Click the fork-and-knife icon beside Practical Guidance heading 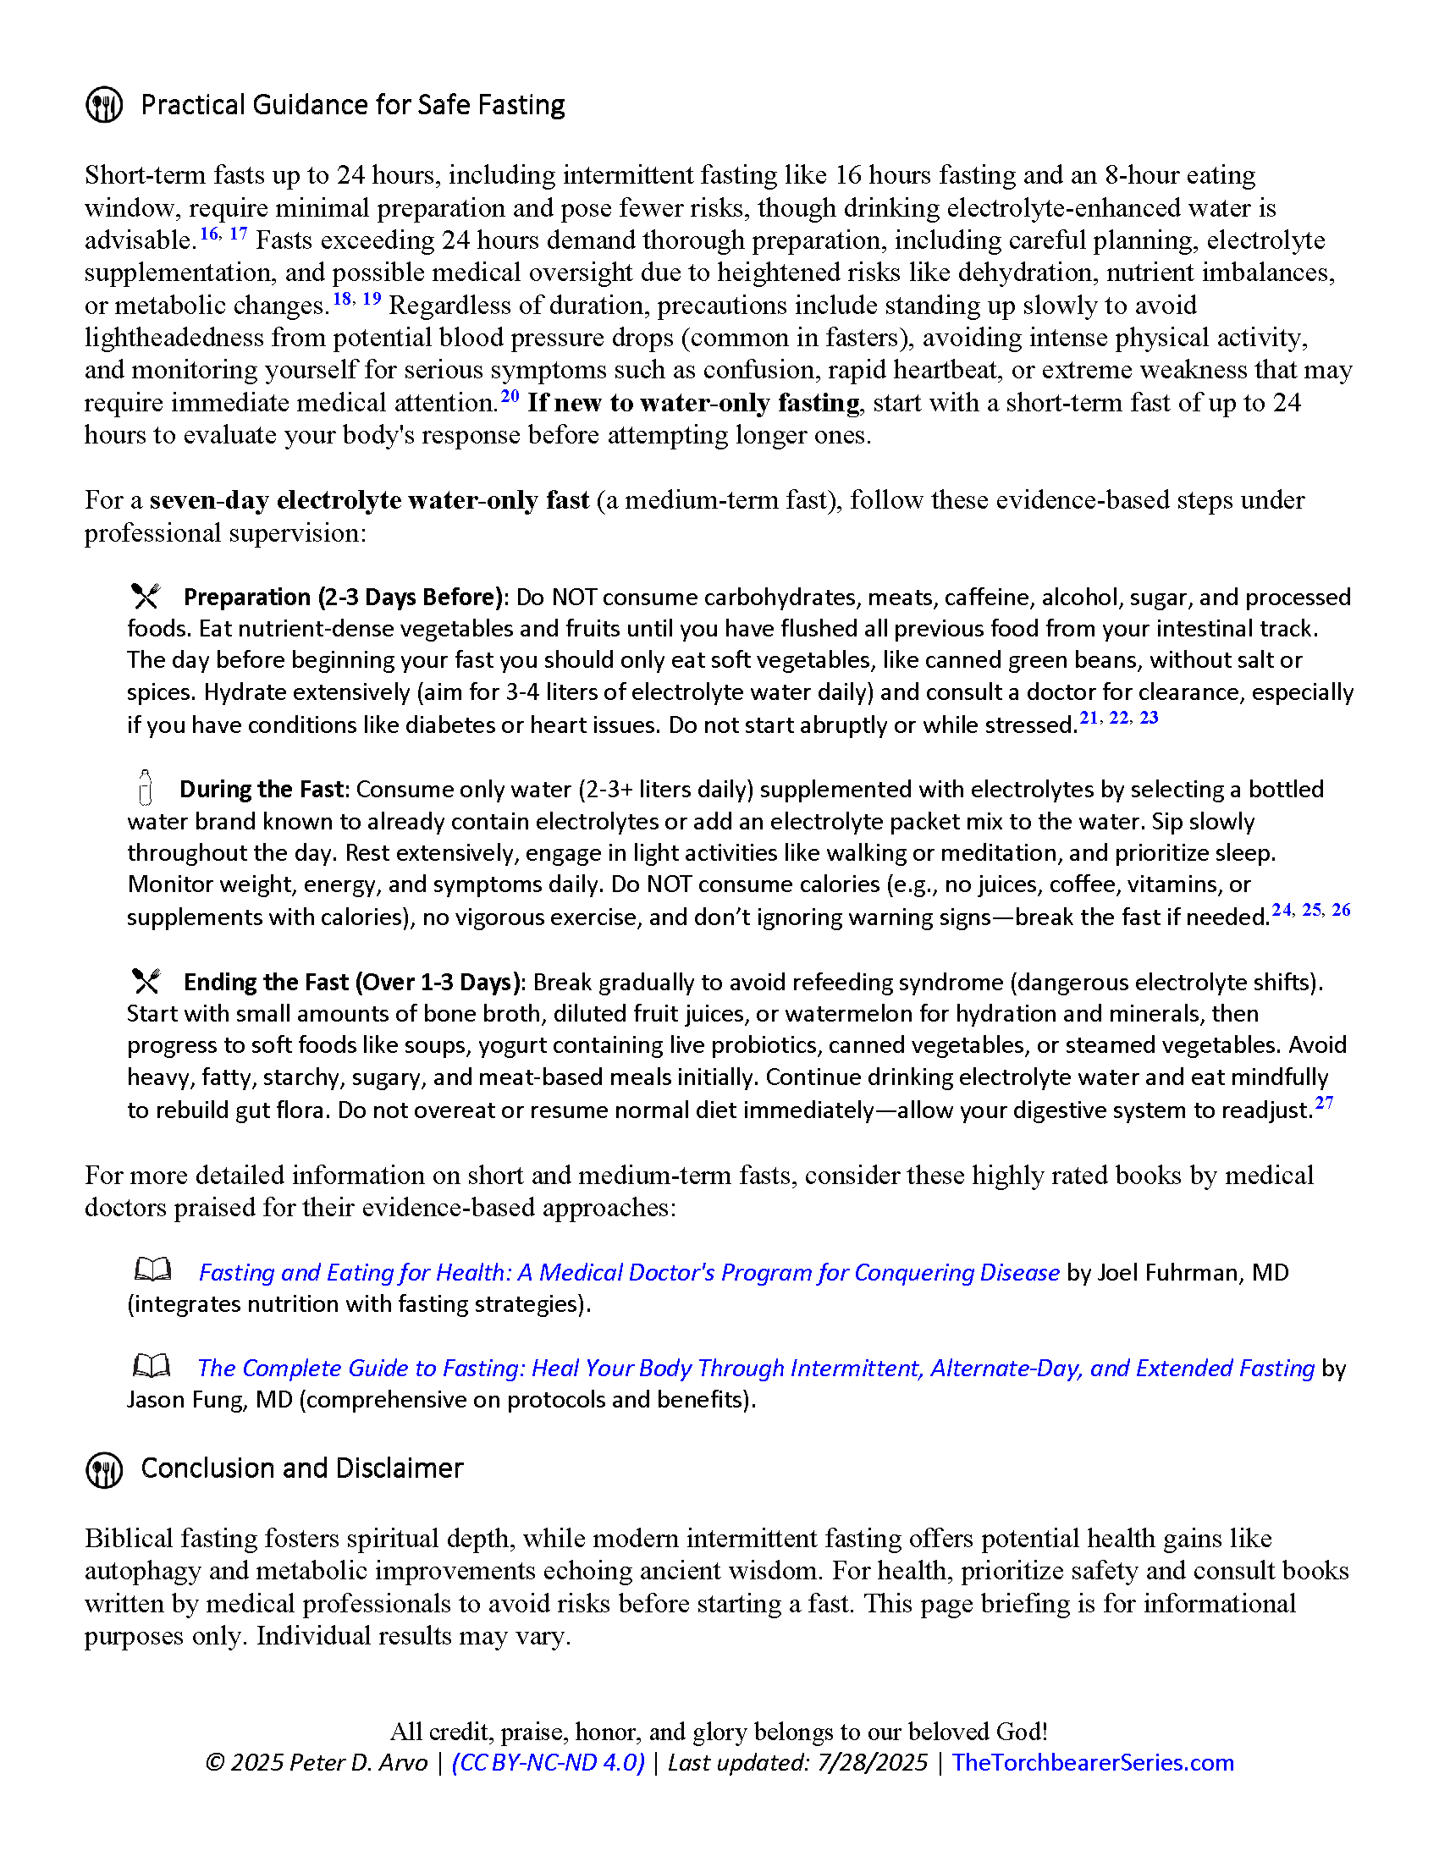point(104,105)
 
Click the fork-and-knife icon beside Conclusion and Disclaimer point(104,1470)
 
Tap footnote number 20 point(510,395)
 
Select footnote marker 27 point(1324,1102)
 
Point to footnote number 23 point(1150,717)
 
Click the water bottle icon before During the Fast point(145,787)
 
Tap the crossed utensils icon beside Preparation point(146,595)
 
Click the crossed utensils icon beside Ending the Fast point(146,980)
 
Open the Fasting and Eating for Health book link point(628,1272)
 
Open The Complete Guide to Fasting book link point(755,1368)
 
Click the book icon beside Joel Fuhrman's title point(152,1270)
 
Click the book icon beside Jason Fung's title point(152,1366)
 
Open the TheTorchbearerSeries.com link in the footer point(1092,1762)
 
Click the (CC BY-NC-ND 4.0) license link point(549,1762)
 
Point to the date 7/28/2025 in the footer point(871,1762)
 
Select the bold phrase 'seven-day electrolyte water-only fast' point(369,499)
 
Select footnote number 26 point(1341,910)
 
